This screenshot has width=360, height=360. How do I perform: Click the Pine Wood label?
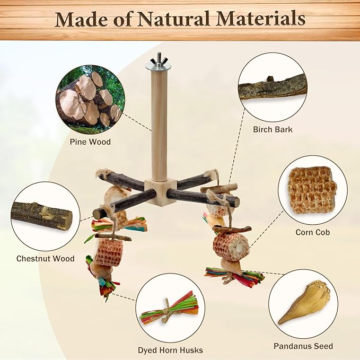[x=90, y=142]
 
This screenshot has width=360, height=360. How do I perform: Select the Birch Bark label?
[x=273, y=129]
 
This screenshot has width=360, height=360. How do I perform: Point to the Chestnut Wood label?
[x=46, y=259]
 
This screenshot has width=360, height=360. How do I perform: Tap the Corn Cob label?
[x=313, y=232]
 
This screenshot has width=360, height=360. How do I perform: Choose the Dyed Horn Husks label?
[x=170, y=350]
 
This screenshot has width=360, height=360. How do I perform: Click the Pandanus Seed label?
[x=303, y=346]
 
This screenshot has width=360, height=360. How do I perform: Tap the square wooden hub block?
[x=161, y=192]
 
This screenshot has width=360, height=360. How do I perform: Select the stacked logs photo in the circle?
[x=90, y=100]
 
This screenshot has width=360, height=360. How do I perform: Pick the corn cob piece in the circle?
[x=312, y=190]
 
